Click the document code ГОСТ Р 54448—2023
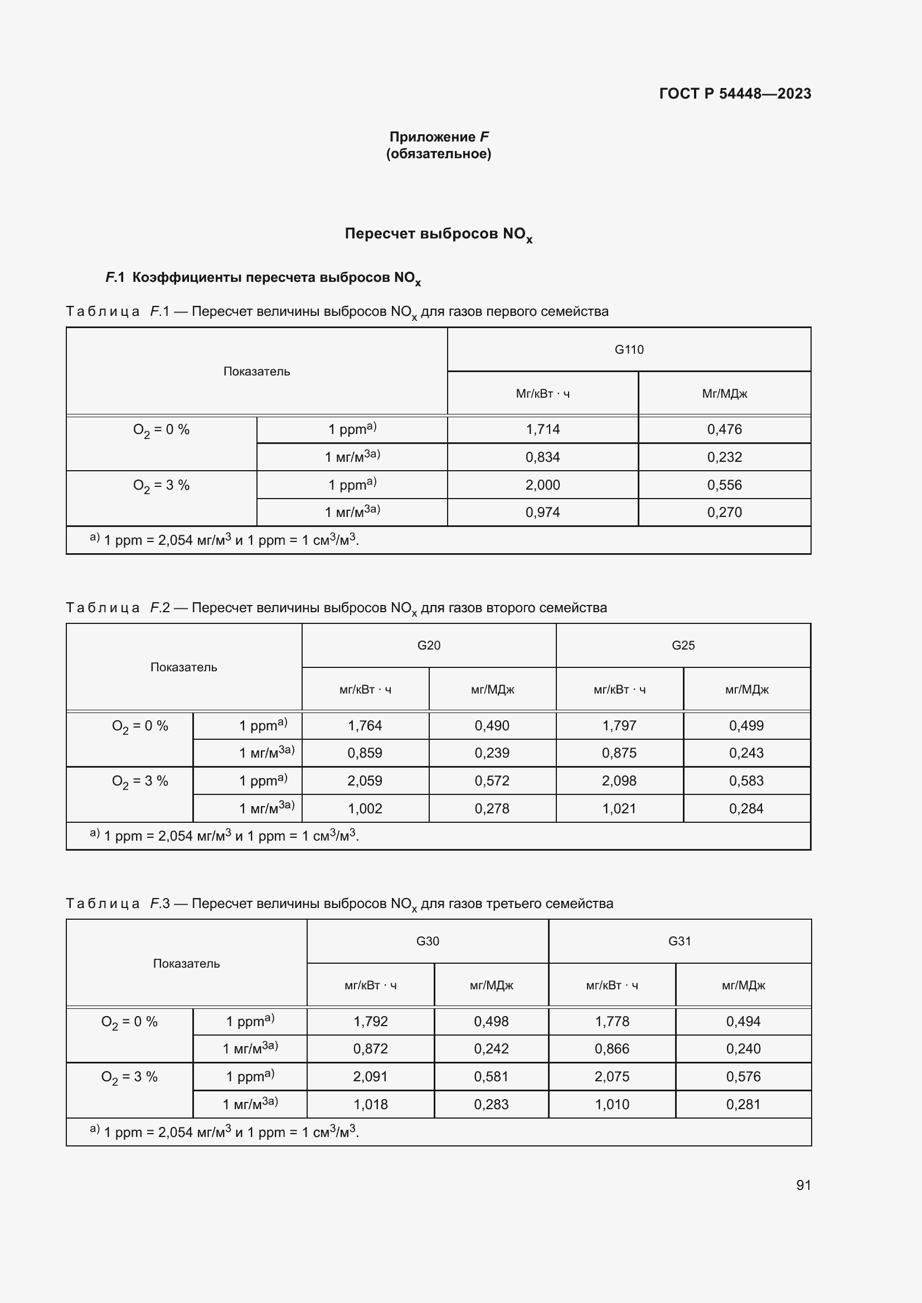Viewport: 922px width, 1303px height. (x=735, y=94)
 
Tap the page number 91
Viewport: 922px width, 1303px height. (x=803, y=1185)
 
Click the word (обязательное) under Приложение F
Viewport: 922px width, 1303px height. (x=438, y=154)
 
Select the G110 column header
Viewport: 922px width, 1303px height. (x=628, y=350)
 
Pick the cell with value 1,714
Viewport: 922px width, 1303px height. (x=542, y=430)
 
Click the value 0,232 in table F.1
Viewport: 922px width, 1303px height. (x=724, y=457)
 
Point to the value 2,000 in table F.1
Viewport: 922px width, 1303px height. (x=542, y=485)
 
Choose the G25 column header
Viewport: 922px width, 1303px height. (x=682, y=645)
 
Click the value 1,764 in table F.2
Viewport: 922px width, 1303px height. (x=365, y=725)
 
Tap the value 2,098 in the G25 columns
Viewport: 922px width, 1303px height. (x=619, y=781)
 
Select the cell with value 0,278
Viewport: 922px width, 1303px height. (x=492, y=809)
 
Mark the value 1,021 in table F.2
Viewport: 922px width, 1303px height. (x=619, y=809)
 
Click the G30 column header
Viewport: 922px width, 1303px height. (x=428, y=941)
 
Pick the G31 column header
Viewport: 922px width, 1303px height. (x=679, y=941)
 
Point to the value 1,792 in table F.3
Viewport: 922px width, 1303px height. (x=370, y=1022)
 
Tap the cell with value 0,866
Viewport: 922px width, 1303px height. (x=612, y=1049)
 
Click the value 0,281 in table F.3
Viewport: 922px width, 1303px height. (x=743, y=1104)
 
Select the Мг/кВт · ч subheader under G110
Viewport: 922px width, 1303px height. (x=542, y=394)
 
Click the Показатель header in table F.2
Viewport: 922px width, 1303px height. (x=183, y=667)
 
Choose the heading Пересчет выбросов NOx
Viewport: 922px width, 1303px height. (x=438, y=235)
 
